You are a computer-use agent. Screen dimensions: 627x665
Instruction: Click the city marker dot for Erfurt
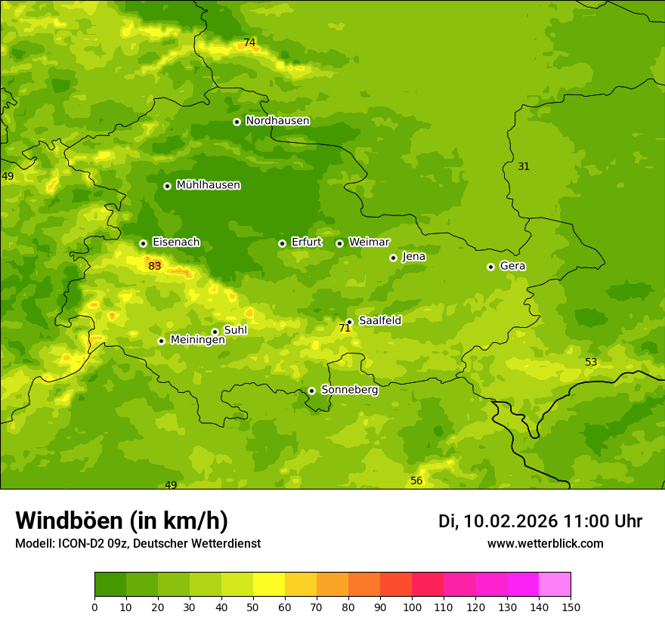[x=282, y=243]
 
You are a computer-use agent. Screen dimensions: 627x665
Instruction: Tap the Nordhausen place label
[x=277, y=121]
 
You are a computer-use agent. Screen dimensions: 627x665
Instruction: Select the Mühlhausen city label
[x=208, y=185]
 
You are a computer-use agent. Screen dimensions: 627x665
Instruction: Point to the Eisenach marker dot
[x=143, y=243]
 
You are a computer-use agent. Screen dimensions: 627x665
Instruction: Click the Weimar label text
[x=369, y=242]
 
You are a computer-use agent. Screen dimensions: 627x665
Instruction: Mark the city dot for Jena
[x=393, y=258]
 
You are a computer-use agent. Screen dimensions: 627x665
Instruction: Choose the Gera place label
[x=512, y=266]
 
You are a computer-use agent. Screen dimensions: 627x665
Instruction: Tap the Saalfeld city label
[x=379, y=320]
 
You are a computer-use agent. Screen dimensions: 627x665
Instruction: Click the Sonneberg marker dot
[x=311, y=391]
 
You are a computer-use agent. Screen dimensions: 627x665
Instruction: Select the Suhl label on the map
[x=235, y=330]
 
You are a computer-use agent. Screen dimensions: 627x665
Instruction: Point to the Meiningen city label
[x=197, y=340]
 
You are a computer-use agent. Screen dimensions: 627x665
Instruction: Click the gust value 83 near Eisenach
[x=155, y=266]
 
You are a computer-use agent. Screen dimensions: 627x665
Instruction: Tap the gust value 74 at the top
[x=249, y=43]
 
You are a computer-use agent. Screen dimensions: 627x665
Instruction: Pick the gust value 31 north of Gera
[x=524, y=166]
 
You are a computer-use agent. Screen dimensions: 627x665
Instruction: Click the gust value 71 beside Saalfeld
[x=345, y=328]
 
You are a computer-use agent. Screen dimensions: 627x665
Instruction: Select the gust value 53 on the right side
[x=591, y=362]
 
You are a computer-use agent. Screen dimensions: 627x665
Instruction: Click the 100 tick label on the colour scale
[x=412, y=607]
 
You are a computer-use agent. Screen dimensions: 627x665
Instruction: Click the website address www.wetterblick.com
[x=545, y=543]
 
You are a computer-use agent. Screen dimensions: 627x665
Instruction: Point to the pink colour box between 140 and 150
[x=555, y=585]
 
